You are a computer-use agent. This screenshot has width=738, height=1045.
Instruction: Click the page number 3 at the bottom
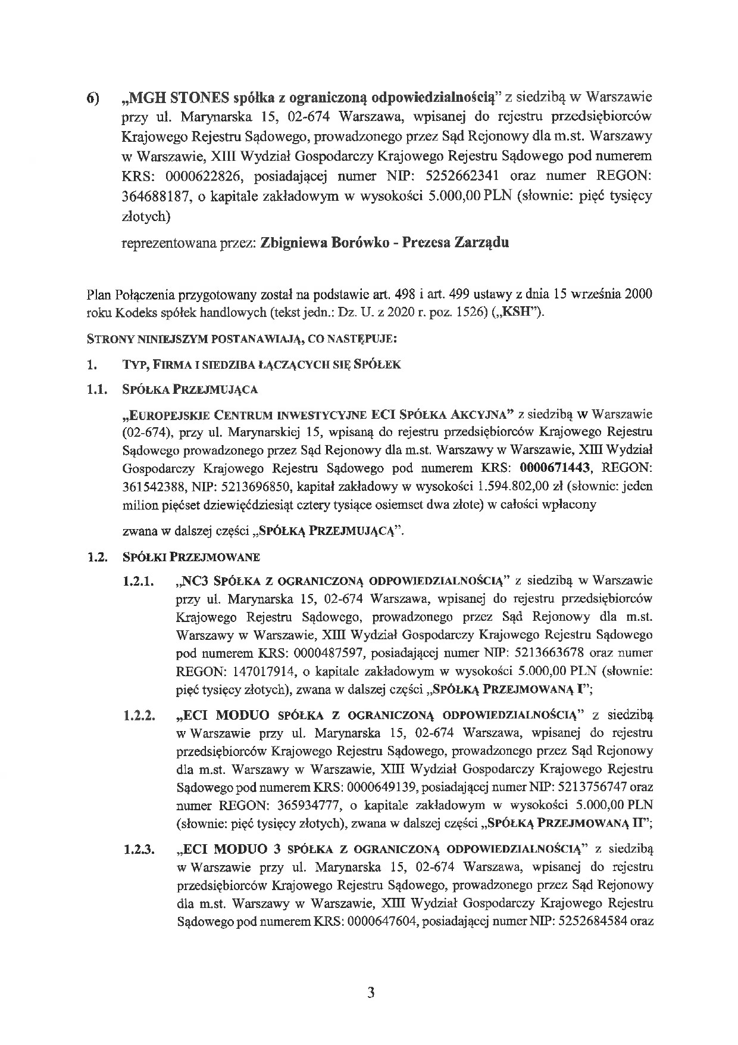point(370,993)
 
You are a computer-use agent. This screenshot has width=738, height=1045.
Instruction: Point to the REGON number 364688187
point(155,197)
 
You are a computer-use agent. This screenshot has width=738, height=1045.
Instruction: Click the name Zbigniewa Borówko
point(317,243)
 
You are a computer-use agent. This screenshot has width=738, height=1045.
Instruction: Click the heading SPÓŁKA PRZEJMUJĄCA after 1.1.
point(190,390)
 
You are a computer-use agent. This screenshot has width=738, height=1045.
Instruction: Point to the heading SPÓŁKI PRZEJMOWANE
point(191,558)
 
